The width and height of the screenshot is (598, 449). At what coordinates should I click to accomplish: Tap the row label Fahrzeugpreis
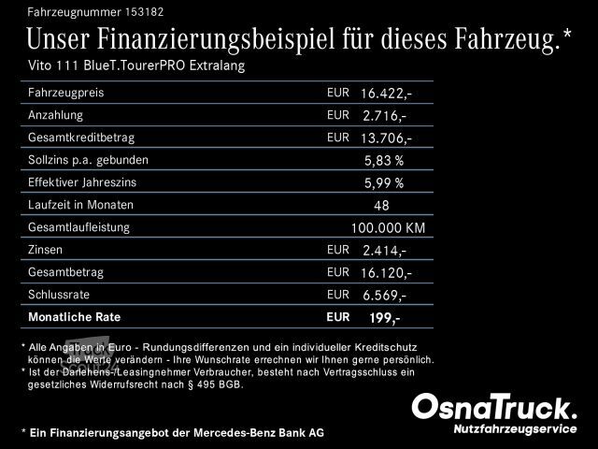[x=65, y=94]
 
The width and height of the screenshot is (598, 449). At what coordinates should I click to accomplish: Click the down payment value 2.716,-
[x=384, y=116]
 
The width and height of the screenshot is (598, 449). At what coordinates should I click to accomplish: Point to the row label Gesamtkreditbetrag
[x=81, y=138]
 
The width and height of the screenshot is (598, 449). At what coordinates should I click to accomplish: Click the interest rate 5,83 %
[x=383, y=161]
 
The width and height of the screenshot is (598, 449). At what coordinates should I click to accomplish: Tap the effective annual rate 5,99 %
[x=383, y=183]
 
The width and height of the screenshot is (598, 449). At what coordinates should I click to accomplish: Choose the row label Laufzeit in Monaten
[x=81, y=205]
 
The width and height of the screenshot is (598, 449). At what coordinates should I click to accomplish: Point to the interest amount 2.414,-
[x=384, y=251]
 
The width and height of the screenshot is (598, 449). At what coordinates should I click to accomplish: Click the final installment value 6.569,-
[x=384, y=296]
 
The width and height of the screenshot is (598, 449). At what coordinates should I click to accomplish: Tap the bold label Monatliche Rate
[x=75, y=317]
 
